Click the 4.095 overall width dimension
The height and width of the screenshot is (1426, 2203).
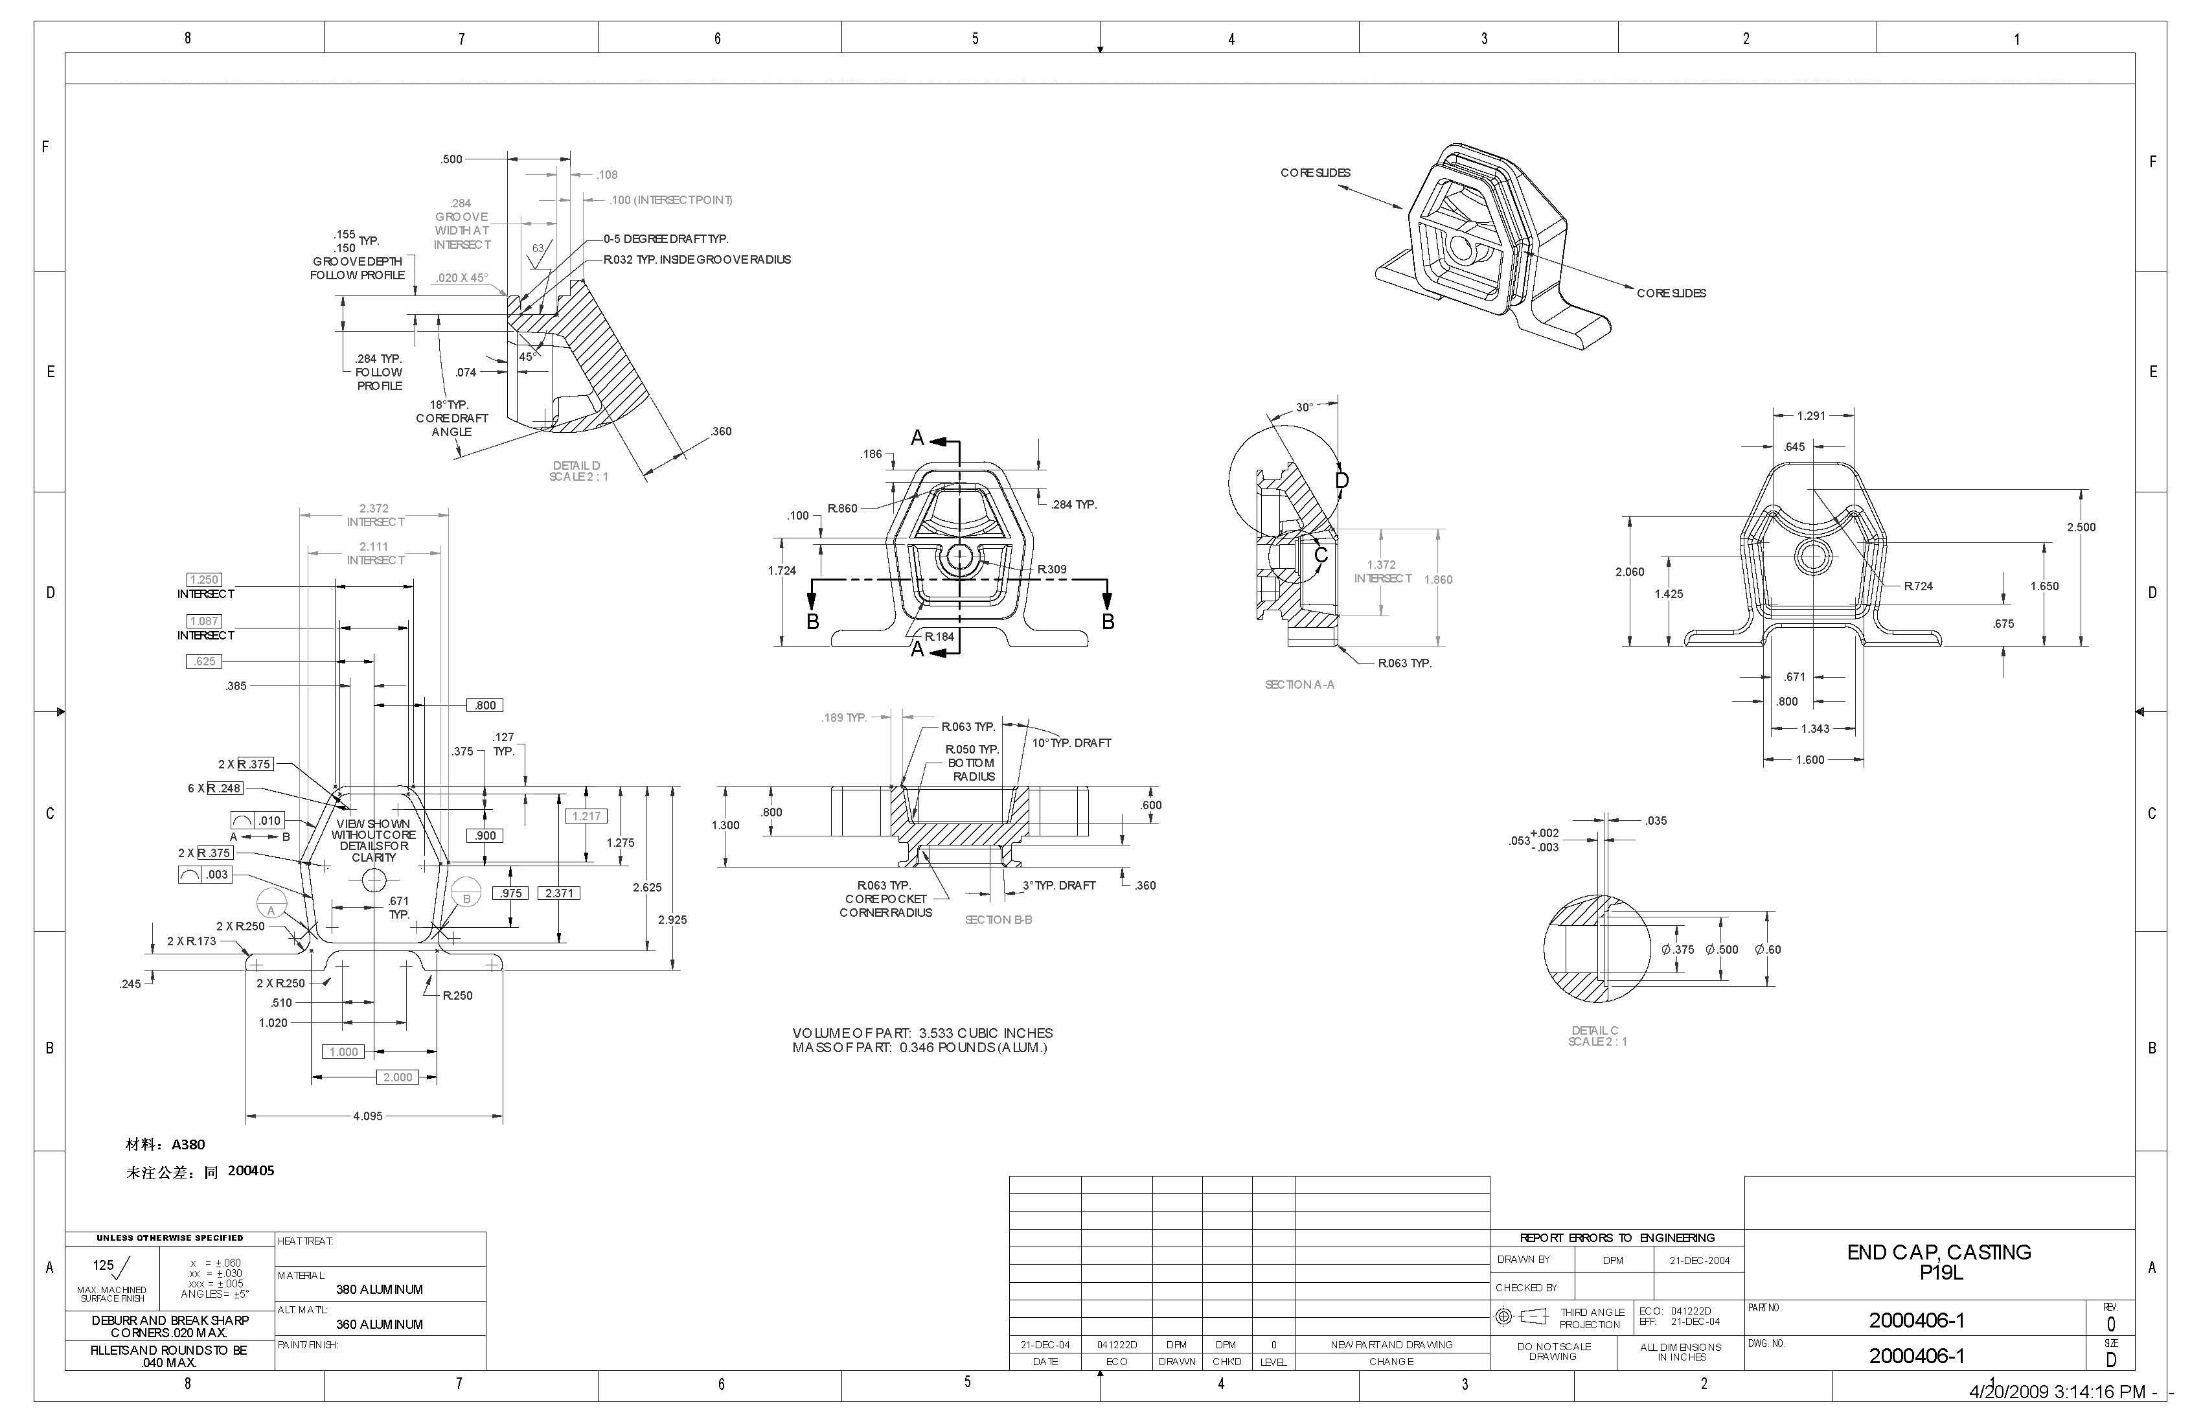[x=367, y=1116]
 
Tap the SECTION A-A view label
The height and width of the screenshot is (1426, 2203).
[x=1299, y=684]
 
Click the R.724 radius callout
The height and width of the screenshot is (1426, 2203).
[x=1918, y=585]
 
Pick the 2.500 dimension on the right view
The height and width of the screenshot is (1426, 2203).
[x=2081, y=527]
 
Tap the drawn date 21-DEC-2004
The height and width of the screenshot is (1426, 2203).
[x=1700, y=1260]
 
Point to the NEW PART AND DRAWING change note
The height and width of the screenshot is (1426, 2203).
[x=1391, y=1344]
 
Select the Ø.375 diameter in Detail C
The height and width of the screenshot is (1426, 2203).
[x=1677, y=949]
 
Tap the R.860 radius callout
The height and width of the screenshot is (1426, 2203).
[x=842, y=509]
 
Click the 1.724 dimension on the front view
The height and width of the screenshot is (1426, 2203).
[x=781, y=570]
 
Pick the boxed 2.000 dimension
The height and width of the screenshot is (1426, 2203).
[x=398, y=1077]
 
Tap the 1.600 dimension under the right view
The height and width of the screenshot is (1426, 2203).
[x=1810, y=759]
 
